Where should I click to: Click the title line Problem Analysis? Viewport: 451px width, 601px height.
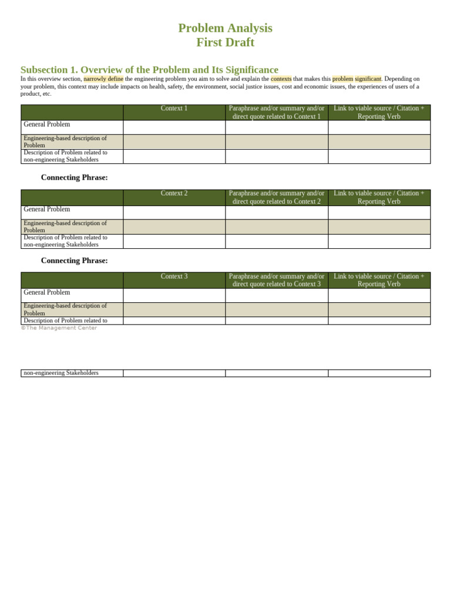click(225, 28)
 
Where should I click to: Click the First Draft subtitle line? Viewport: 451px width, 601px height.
click(225, 42)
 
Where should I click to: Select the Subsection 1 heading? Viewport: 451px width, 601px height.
click(149, 69)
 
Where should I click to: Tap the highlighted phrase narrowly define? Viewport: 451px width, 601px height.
click(103, 79)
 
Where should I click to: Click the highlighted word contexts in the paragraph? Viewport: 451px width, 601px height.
click(281, 79)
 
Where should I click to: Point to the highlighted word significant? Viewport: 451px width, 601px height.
click(368, 79)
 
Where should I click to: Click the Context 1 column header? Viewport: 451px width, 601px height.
click(174, 109)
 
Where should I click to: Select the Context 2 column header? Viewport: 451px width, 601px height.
click(174, 193)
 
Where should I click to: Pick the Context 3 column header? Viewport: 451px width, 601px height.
click(174, 276)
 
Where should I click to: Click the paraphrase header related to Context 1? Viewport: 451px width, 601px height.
click(277, 112)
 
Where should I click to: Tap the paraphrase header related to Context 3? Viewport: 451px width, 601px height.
click(277, 280)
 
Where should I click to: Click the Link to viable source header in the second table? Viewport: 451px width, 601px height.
click(379, 197)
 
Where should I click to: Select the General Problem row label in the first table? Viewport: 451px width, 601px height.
click(46, 124)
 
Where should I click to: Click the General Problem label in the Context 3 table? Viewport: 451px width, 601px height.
click(46, 292)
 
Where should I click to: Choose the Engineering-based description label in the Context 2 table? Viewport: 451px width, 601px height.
click(65, 227)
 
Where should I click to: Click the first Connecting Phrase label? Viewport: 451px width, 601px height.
click(74, 177)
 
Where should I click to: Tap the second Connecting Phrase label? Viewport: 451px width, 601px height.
click(74, 261)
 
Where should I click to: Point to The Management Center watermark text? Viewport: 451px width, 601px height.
click(59, 328)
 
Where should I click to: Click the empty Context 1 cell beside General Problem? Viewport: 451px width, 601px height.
click(174, 127)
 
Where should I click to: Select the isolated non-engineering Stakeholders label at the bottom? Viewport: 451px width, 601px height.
click(61, 373)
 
